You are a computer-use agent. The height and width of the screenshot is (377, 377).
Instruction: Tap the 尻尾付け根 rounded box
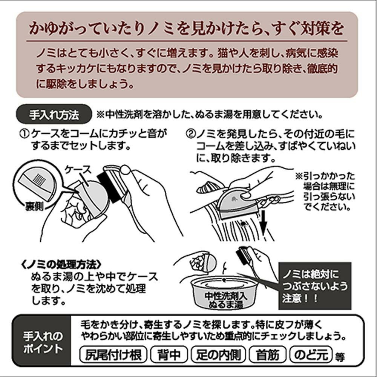pos(113,354)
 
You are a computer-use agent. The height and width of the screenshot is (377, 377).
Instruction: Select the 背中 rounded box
pos(169,354)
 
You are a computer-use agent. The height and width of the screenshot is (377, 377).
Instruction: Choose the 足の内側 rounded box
pos(218,354)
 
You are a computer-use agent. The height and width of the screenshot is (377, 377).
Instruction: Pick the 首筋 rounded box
pos(268,354)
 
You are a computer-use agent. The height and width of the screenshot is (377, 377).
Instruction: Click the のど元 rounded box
pos(311,354)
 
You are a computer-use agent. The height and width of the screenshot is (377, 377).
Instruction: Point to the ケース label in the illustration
pos(78,170)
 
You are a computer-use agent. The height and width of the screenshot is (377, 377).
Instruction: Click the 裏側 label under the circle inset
pos(34,206)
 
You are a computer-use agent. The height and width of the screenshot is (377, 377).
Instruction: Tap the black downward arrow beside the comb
pos(264,222)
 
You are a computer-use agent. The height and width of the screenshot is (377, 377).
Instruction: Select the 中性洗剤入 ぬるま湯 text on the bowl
pos(225,300)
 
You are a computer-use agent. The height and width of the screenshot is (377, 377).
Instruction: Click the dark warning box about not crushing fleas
pos(315,286)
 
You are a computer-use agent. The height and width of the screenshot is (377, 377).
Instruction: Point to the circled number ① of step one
pos(24,134)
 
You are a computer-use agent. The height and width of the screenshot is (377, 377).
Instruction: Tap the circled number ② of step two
pos(191,134)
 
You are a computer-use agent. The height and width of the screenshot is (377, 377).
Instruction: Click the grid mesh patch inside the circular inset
pos(39,179)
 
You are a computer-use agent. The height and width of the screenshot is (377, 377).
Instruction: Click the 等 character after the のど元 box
pos(340,357)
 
